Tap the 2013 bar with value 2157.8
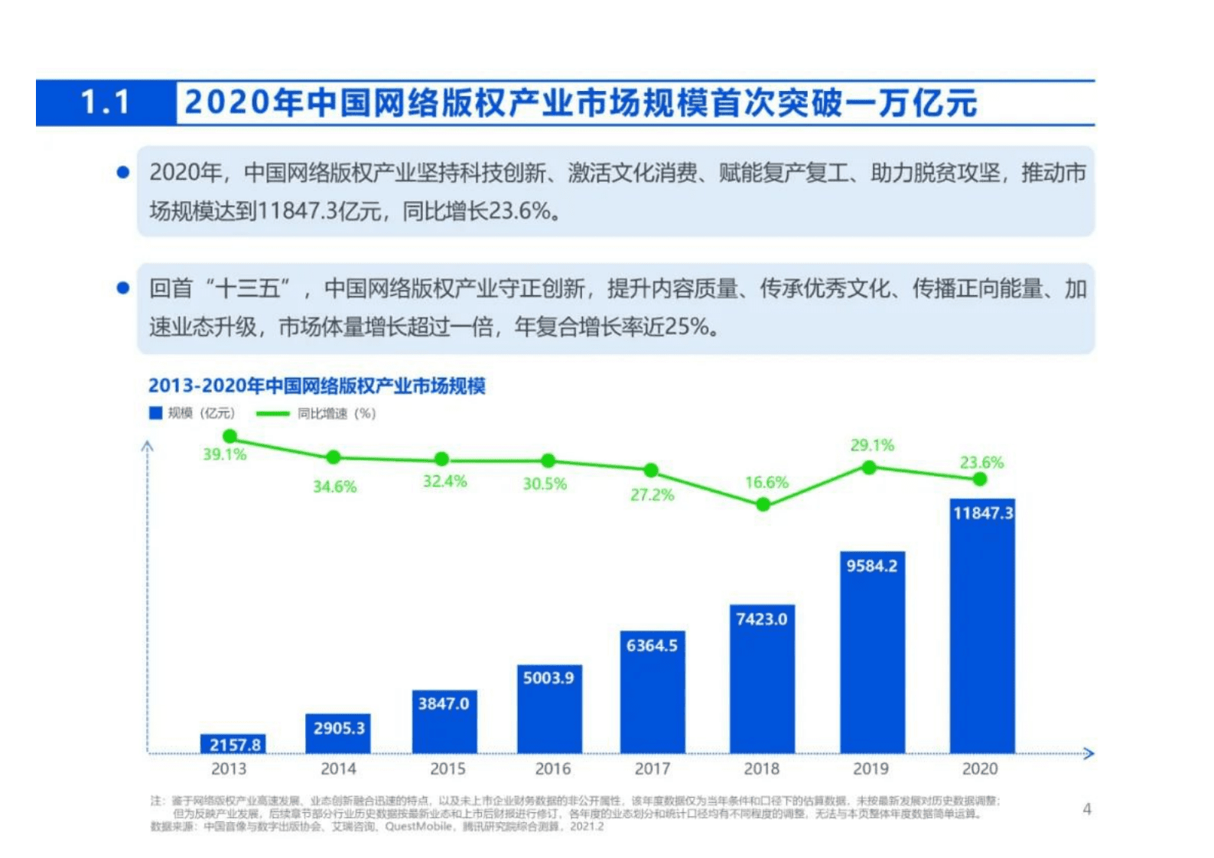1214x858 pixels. point(233,743)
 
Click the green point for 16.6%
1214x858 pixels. point(763,505)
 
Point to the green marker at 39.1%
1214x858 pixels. point(229,437)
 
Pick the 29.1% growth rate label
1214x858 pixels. point(872,445)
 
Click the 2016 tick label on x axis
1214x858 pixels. point(552,769)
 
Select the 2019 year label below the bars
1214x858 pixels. point(871,769)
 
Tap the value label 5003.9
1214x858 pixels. point(548,678)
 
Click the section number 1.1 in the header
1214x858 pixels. point(106,102)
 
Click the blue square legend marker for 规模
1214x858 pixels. point(155,413)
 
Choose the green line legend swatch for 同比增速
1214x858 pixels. point(272,414)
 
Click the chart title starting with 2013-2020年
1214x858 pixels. point(317,386)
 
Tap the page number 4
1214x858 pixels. point(1087,809)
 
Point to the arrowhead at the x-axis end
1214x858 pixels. point(1089,753)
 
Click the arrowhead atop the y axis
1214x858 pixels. point(148,445)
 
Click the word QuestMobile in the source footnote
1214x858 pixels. point(418,827)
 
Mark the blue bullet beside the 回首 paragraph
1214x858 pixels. point(122,288)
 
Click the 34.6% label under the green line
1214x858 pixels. point(334,486)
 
